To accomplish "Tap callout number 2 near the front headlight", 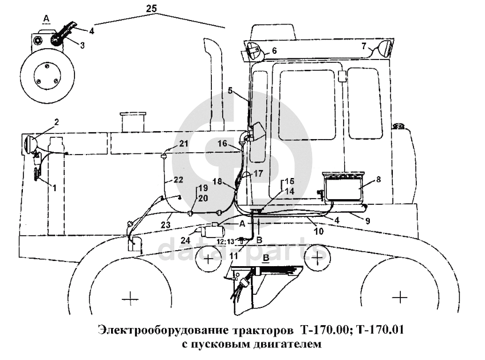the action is [57, 121].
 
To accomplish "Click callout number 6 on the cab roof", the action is [274, 50].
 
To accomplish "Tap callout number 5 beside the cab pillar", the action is [230, 90].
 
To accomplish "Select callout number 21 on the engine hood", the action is [184, 143].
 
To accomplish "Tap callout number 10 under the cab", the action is [318, 231].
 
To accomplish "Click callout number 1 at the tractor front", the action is [54, 187].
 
